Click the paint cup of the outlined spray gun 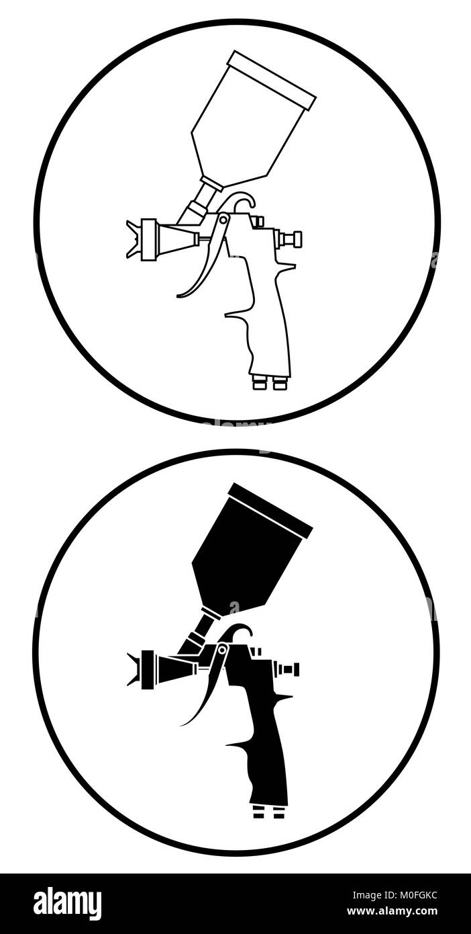click(x=250, y=125)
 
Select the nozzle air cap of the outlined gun click(x=142, y=239)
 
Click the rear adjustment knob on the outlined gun click(x=291, y=239)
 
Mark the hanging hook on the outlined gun click(x=244, y=201)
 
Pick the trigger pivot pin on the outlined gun click(x=223, y=219)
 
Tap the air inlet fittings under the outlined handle click(x=270, y=383)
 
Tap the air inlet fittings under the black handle click(x=269, y=812)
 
